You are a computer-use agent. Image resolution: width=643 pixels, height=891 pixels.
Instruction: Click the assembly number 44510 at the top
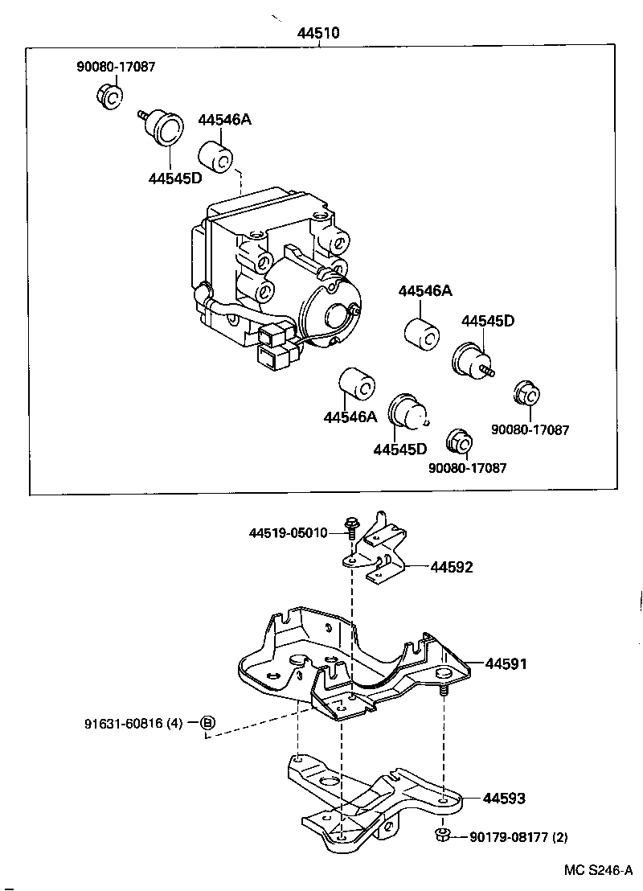click(x=318, y=34)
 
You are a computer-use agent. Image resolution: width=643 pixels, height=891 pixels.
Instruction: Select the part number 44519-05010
click(x=288, y=533)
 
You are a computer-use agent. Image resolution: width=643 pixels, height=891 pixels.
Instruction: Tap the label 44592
click(x=451, y=567)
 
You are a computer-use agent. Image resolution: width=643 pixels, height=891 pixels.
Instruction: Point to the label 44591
click(x=505, y=664)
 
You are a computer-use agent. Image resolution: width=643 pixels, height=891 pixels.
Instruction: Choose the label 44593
click(x=504, y=799)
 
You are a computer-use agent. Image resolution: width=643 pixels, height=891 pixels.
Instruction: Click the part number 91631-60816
click(x=123, y=724)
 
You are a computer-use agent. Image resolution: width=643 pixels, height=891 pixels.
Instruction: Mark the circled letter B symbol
click(x=207, y=724)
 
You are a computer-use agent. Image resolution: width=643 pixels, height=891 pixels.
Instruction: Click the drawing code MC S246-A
click(x=598, y=871)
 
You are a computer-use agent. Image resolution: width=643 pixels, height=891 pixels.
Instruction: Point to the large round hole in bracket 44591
click(x=298, y=661)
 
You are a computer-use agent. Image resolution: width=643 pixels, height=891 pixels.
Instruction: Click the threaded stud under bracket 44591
click(x=443, y=691)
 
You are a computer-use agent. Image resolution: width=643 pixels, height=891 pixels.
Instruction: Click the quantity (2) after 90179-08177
click(x=559, y=837)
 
